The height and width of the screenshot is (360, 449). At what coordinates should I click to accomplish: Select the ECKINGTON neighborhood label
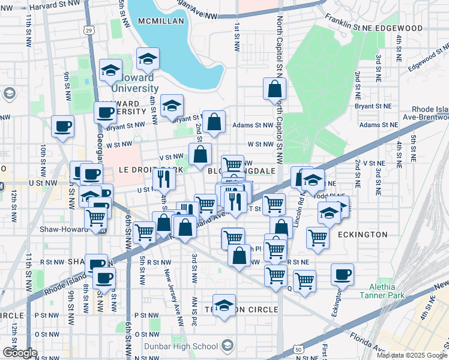[x=362, y=234]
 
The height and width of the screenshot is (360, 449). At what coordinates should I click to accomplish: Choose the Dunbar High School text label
[x=188, y=346]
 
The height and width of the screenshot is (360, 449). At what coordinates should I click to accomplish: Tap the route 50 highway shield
[x=298, y=349]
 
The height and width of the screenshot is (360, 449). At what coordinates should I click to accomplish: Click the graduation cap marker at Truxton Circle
[x=224, y=305]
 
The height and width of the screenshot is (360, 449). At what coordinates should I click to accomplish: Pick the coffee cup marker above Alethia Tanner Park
[x=342, y=274]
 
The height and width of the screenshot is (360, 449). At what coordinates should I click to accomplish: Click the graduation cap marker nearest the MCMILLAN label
[x=147, y=58]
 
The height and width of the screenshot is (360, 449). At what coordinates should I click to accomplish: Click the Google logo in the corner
[x=19, y=353]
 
